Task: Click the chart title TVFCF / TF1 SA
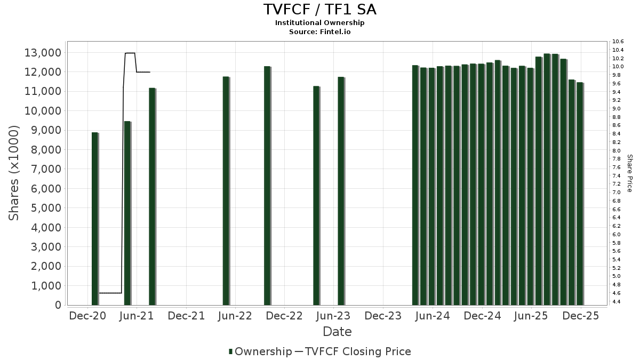[320, 10]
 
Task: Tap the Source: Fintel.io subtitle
[320, 31]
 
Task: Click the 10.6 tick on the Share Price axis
[618, 42]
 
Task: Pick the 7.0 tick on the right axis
[617, 192]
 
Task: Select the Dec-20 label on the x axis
[87, 316]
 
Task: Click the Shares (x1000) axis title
[14, 173]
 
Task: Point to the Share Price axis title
[629, 173]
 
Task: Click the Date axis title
[337, 332]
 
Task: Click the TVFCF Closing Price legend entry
[353, 351]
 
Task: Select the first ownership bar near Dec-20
[95, 219]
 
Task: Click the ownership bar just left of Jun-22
[226, 191]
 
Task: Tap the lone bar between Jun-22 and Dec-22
[267, 186]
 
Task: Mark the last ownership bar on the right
[580, 194]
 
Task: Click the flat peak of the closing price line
[130, 53]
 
